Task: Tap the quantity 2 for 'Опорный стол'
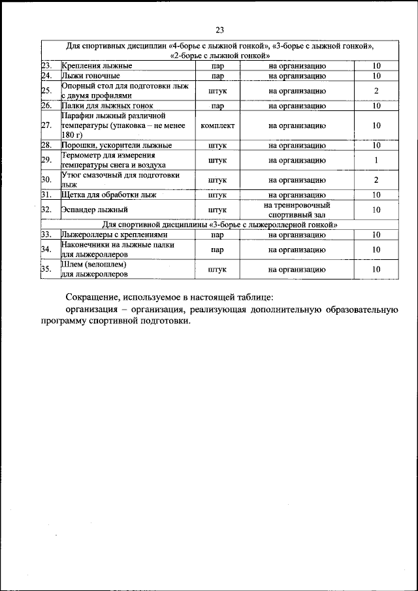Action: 376,91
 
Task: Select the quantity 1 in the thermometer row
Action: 376,160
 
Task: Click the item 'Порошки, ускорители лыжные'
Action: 116,145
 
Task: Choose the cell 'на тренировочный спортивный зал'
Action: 297,210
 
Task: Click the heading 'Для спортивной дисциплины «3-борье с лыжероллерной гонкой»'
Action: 219,224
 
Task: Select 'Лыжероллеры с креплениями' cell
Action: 114,234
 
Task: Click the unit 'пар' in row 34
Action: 217,249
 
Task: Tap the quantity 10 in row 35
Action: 376,269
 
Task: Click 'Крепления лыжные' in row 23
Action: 97,66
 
